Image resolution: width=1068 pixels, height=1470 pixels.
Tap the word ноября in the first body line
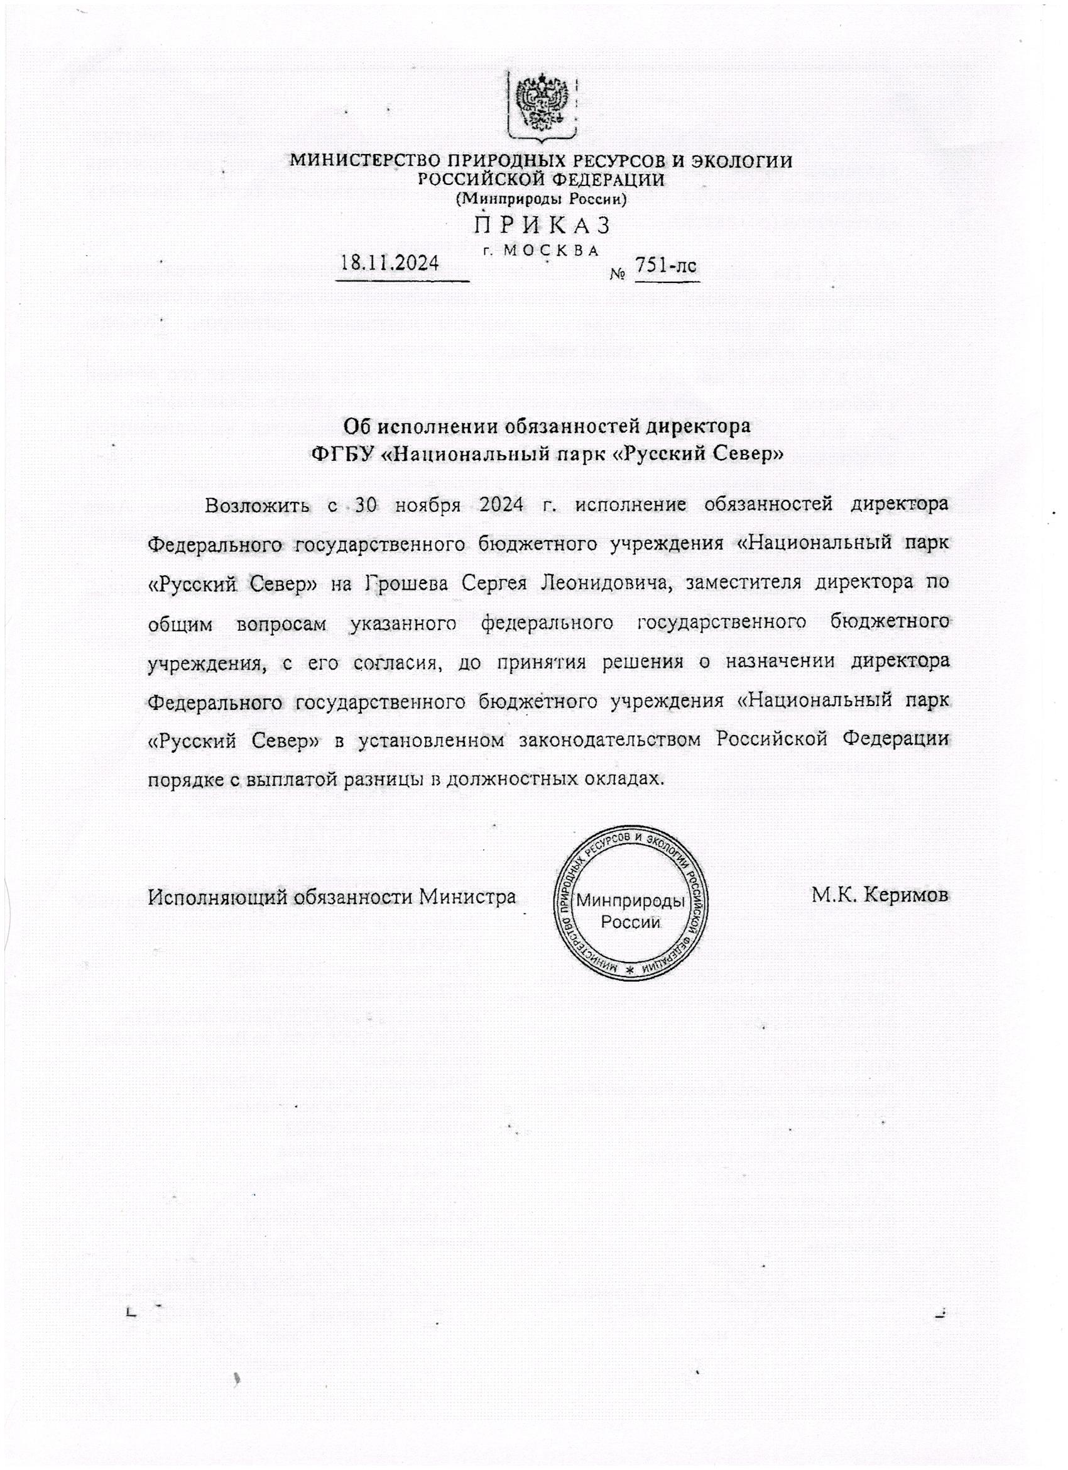pyautogui.click(x=427, y=505)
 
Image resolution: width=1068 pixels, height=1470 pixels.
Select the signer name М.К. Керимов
pyautogui.click(x=880, y=897)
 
